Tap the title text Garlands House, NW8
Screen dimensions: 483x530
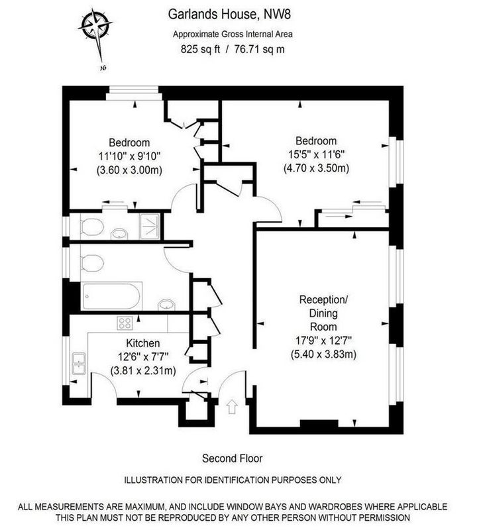click(229, 14)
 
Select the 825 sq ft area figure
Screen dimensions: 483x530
click(200, 49)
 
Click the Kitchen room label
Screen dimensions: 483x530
click(143, 343)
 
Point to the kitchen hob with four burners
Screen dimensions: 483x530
click(125, 323)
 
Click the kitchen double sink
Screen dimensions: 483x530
click(79, 364)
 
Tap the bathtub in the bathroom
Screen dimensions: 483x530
click(111, 296)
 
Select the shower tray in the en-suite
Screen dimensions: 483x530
click(150, 226)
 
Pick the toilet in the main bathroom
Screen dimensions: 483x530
click(91, 263)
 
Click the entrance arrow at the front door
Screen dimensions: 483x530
click(232, 407)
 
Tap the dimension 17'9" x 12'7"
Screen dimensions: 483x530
click(323, 341)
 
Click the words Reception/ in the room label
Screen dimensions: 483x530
click(323, 300)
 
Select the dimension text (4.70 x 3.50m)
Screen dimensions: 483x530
click(316, 168)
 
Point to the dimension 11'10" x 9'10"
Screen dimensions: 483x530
click(129, 156)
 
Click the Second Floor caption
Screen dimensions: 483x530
click(232, 458)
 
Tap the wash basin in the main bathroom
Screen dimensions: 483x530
click(167, 304)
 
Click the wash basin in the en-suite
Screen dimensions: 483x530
click(119, 234)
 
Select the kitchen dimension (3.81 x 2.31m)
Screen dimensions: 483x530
click(143, 371)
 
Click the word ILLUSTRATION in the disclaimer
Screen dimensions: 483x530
click(154, 480)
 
